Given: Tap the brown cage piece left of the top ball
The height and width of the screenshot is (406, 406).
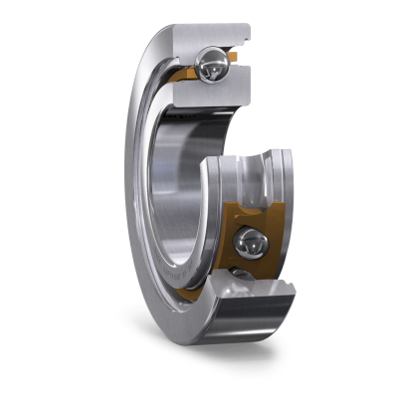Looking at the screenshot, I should pyautogui.click(x=184, y=75).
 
